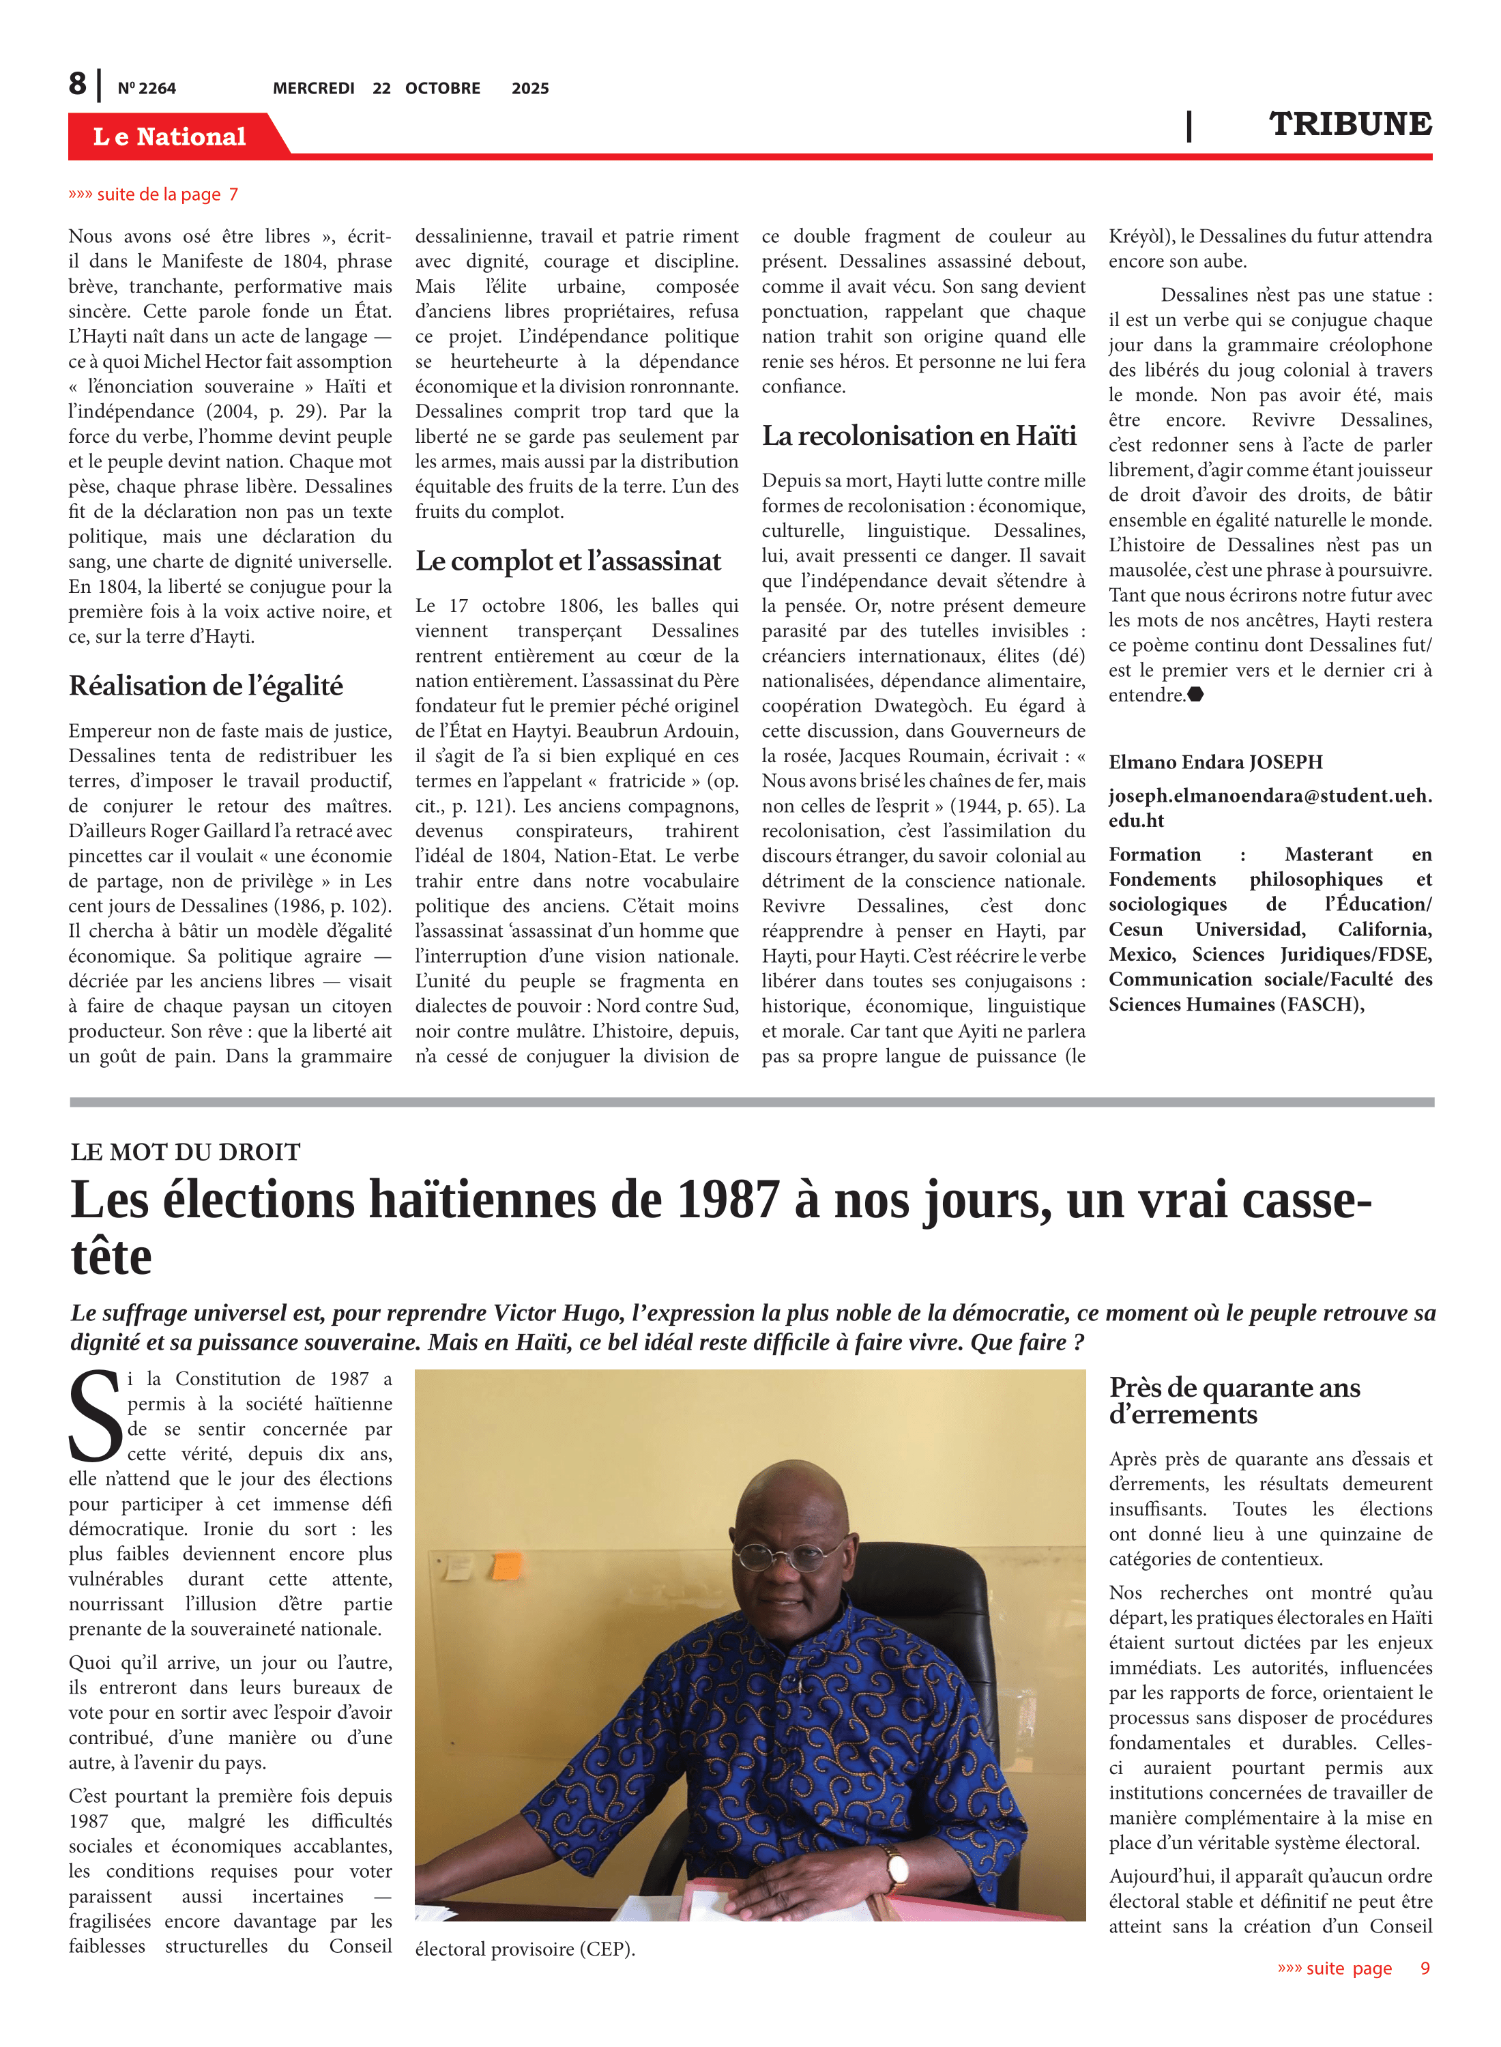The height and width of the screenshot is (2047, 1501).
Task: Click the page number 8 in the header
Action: coord(78,84)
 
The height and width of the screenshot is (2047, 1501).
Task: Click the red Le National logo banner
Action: coord(171,136)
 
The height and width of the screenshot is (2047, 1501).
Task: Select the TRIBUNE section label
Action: coord(1350,124)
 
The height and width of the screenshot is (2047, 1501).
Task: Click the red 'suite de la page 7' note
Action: coord(154,194)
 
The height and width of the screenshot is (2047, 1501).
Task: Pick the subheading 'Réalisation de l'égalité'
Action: coord(206,686)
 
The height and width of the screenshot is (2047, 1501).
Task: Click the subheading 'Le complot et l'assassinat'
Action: coord(568,562)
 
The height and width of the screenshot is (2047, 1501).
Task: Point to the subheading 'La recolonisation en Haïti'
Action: coord(918,436)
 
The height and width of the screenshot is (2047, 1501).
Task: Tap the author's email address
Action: coord(1269,808)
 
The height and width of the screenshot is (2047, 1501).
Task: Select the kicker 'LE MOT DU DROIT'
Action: coord(186,1152)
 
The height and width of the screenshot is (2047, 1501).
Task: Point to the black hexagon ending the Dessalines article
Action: coord(1196,695)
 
